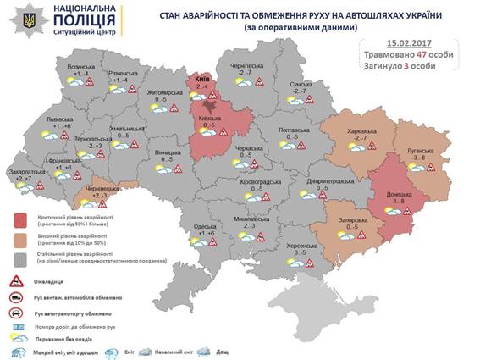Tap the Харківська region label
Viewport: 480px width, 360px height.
pyautogui.click(x=361, y=130)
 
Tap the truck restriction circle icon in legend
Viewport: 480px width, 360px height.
pyautogui.click(x=15, y=299)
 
